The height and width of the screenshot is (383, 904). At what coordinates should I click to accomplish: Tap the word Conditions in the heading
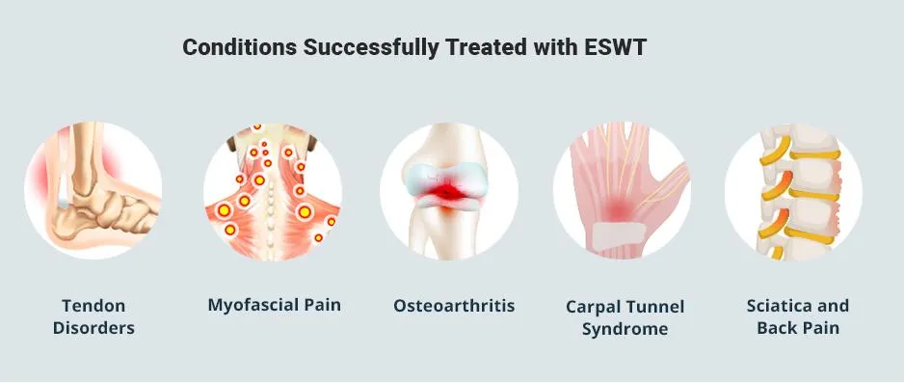click(240, 48)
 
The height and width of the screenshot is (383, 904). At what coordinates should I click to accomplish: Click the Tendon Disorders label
click(94, 316)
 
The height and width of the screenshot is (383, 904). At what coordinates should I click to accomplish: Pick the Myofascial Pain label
click(275, 305)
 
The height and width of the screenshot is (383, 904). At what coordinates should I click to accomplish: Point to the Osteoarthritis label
click(454, 305)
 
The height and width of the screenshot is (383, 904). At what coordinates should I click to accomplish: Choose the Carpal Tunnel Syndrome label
click(625, 317)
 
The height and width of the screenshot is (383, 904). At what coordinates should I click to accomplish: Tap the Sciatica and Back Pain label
click(798, 316)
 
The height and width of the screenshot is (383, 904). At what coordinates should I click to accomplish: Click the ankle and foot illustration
click(93, 190)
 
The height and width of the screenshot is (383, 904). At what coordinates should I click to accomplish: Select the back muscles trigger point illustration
click(273, 191)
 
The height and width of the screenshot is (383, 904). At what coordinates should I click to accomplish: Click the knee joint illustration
click(449, 191)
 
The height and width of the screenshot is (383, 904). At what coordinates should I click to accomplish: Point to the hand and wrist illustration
click(622, 191)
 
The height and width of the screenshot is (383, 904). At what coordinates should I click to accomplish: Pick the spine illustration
click(794, 191)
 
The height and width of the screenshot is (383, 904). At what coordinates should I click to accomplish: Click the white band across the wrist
click(619, 235)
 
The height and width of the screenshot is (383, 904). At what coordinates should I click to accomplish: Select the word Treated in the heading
click(487, 48)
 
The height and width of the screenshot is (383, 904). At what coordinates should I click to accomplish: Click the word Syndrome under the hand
click(625, 329)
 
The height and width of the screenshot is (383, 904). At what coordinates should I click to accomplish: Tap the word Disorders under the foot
click(94, 328)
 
